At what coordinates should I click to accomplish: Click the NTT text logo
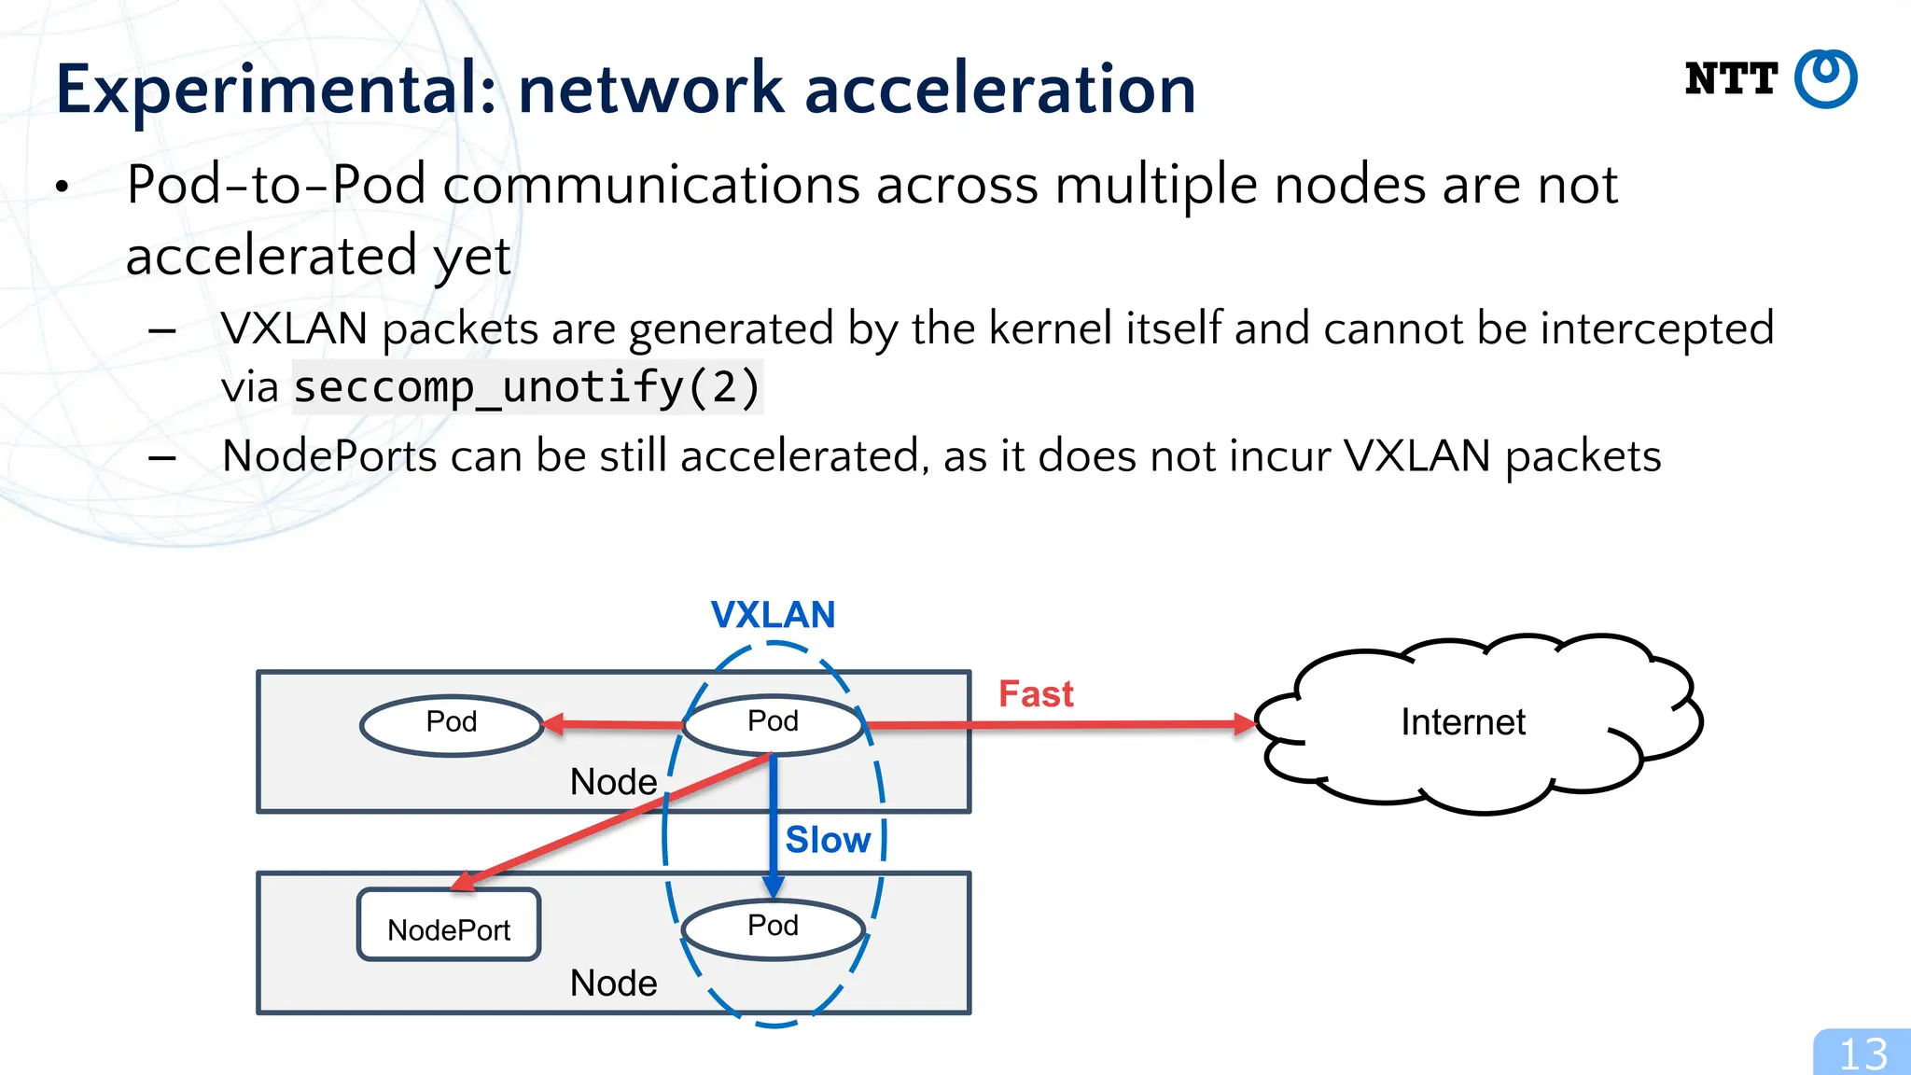(x=1731, y=79)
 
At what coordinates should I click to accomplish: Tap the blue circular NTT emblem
(x=1826, y=79)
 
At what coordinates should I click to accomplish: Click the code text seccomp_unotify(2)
(x=527, y=387)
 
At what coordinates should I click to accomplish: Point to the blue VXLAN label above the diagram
(x=773, y=615)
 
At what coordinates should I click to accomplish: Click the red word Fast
(x=1036, y=694)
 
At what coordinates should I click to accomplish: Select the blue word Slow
(x=828, y=840)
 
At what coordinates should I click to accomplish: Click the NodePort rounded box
(x=449, y=925)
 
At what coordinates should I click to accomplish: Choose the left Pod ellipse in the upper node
(x=452, y=725)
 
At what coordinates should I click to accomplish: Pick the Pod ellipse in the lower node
(x=773, y=928)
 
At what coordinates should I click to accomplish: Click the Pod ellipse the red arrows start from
(x=773, y=724)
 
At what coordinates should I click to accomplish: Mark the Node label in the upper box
(x=613, y=782)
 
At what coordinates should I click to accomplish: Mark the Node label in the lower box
(x=613, y=984)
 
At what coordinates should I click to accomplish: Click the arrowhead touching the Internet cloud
(x=1245, y=724)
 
